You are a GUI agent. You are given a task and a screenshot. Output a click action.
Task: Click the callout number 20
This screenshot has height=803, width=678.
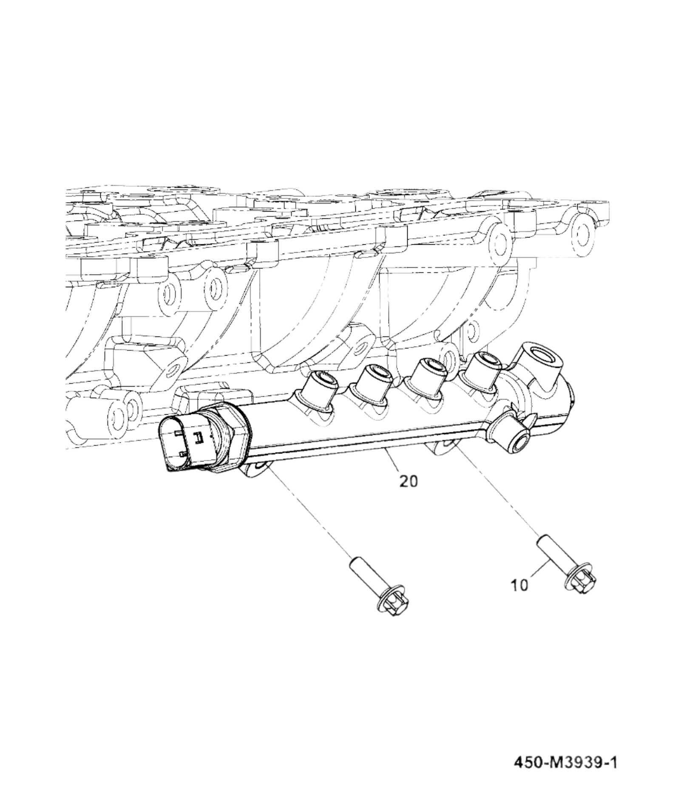409,481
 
